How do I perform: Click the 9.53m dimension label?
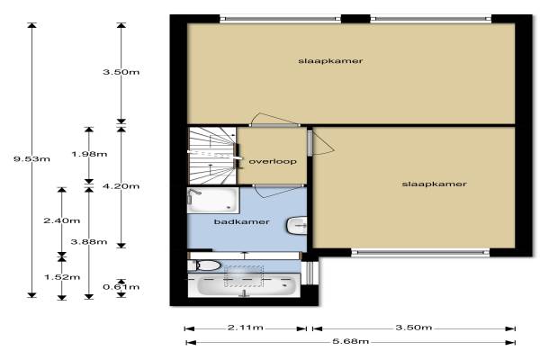tap(31, 159)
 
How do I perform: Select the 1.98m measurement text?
tap(89, 154)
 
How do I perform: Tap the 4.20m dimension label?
tap(121, 186)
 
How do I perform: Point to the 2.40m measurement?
tap(61, 220)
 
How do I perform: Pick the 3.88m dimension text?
tap(89, 242)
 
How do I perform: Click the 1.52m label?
tap(62, 277)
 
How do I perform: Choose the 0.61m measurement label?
tap(121, 287)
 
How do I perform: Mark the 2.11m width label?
tap(245, 328)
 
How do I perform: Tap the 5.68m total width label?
tap(351, 341)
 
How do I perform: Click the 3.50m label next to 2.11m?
tap(414, 328)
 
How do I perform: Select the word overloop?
tap(273, 162)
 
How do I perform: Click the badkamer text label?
tap(242, 222)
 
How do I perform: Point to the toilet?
tap(204, 265)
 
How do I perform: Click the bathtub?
tap(244, 285)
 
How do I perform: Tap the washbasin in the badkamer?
tap(296, 226)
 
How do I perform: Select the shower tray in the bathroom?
tap(212, 200)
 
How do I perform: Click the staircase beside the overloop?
tap(212, 156)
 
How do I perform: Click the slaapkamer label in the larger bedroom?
tap(330, 61)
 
